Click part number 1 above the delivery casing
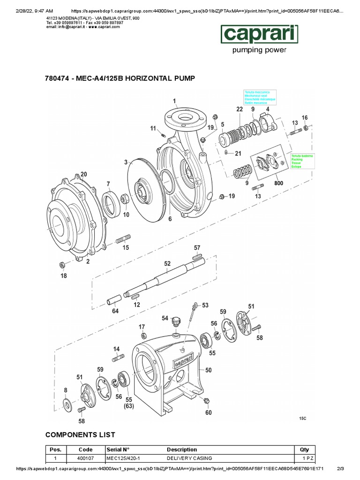pyautogui.click(x=174, y=101)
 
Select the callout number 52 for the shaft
pyautogui.click(x=167, y=264)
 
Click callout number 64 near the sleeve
pyautogui.click(x=115, y=311)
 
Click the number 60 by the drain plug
pyautogui.click(x=208, y=413)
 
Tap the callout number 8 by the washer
pyautogui.click(x=66, y=390)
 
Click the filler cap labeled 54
pyautogui.click(x=177, y=322)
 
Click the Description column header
pyautogui.click(x=182, y=449)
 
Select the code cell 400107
pyautogui.click(x=85, y=458)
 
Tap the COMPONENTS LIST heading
pyautogui.click(x=80, y=435)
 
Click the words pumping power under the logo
pyautogui.click(x=260, y=50)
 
